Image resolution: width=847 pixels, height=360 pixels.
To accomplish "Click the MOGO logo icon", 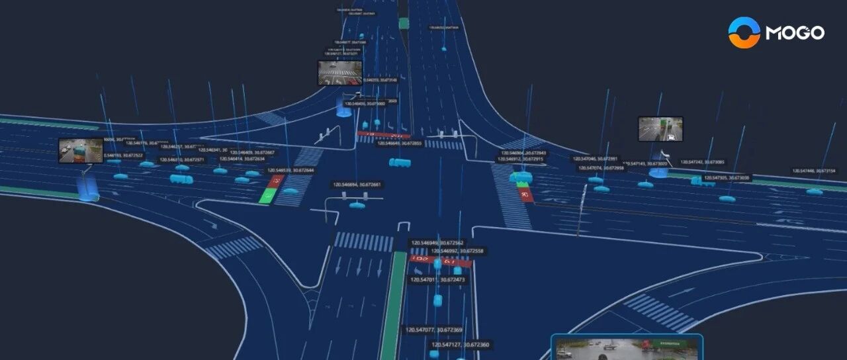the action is tap(744, 32).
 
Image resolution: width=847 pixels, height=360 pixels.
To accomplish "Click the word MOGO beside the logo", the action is tap(795, 32).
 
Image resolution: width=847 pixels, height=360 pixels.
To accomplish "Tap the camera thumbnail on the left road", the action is tap(81, 150).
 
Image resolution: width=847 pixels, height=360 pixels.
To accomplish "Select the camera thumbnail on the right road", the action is tap(660, 129).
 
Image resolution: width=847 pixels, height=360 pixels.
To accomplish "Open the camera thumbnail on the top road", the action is tap(340, 73).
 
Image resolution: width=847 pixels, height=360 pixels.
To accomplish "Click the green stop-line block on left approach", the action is tap(269, 195).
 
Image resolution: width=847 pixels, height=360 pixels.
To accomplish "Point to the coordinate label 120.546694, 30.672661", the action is tap(357, 185).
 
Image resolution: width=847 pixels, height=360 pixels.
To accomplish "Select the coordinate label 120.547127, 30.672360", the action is tap(461, 345).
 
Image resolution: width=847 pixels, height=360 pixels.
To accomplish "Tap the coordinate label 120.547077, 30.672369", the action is tap(433, 330).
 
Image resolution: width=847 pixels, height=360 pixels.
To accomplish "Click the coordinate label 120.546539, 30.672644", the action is tap(290, 170).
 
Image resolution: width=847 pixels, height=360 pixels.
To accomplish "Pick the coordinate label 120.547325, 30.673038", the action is tap(726, 178).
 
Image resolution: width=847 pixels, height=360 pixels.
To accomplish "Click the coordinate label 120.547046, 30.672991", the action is tap(595, 159).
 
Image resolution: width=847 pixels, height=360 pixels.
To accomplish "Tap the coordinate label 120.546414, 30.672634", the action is tap(242, 159).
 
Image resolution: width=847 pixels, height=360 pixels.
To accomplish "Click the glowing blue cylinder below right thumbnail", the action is tap(658, 173).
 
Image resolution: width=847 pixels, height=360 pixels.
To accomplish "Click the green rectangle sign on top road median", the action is tap(404, 23).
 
